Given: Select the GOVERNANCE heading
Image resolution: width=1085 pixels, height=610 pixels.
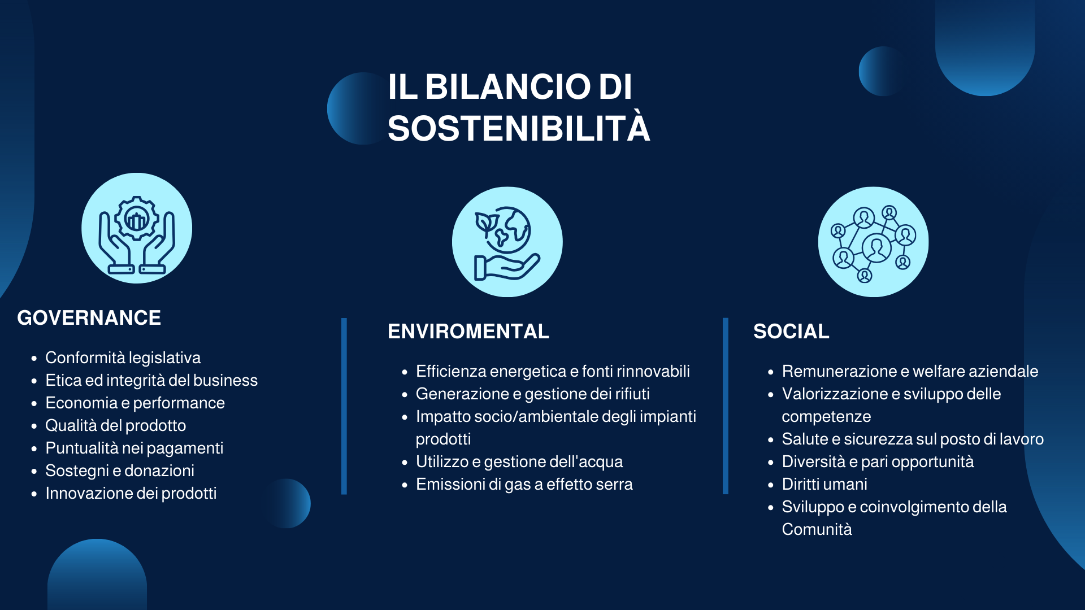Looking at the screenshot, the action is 89,318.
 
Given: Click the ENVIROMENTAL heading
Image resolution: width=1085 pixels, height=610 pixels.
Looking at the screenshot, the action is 468,332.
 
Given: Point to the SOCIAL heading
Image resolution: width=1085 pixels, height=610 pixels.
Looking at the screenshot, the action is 791,332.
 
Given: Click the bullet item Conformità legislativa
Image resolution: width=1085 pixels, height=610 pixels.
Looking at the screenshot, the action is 123,358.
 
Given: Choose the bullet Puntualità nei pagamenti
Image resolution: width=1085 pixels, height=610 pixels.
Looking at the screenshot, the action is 134,448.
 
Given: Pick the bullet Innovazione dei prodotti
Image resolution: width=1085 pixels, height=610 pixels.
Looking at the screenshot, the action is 131,494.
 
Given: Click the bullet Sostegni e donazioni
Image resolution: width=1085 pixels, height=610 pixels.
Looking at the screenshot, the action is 120,471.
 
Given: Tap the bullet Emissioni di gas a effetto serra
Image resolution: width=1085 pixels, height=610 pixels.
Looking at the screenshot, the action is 524,485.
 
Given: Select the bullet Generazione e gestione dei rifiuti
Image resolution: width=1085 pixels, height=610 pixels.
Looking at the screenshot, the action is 533,394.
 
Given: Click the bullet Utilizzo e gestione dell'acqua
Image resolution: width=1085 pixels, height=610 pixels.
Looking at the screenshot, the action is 519,462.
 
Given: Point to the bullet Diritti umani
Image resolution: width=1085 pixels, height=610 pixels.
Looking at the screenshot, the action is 824,485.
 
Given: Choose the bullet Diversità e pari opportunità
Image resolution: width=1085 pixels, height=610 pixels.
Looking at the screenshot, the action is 878,462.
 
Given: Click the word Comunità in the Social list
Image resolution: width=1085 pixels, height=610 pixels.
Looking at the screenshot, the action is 817,530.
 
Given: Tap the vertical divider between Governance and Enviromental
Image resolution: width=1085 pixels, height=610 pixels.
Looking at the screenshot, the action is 344,406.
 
